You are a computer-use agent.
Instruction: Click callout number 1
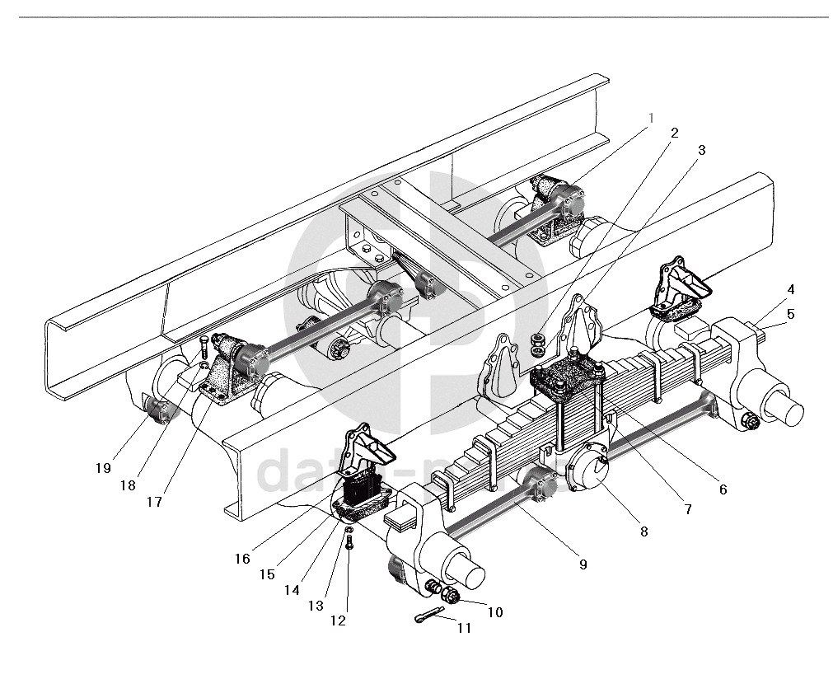[x=650, y=118]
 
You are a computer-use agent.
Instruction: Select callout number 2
[x=675, y=133]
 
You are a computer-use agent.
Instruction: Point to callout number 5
[x=790, y=313]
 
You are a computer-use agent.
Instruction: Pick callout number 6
[x=723, y=489]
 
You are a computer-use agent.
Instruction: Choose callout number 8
[x=643, y=531]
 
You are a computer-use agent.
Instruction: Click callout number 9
[x=583, y=564]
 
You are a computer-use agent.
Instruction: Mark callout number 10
[x=495, y=612]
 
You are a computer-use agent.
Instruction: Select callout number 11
[x=464, y=627]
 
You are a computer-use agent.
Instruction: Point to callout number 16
[x=241, y=558]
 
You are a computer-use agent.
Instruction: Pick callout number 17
[x=154, y=501]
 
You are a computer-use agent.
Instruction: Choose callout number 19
[x=102, y=467]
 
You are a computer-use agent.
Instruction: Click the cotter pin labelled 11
[x=428, y=614]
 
